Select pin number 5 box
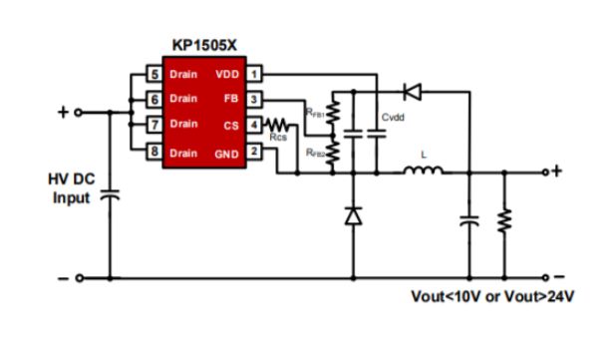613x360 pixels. point(153,74)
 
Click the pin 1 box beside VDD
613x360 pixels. point(255,74)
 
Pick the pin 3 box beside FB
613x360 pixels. point(255,99)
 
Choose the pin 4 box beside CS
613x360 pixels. point(255,125)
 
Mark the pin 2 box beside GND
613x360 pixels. point(255,151)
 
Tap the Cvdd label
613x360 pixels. point(393,118)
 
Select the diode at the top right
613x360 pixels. point(410,92)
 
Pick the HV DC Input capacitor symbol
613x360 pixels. point(110,197)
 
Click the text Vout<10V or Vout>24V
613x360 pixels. point(493,297)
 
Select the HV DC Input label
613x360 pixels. point(72,188)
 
